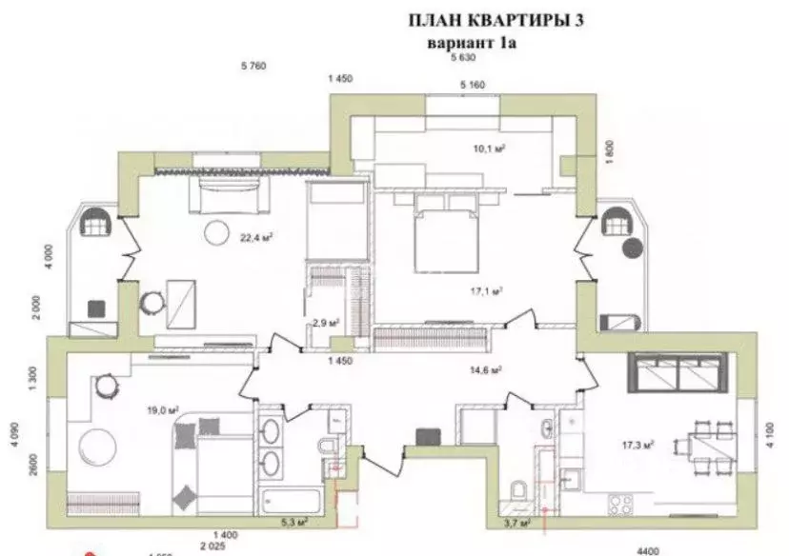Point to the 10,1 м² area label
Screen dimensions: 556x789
click(489, 148)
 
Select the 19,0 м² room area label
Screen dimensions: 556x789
click(138, 410)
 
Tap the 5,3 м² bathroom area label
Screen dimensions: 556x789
click(295, 521)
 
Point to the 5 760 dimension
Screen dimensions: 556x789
click(253, 66)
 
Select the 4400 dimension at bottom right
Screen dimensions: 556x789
click(648, 550)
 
